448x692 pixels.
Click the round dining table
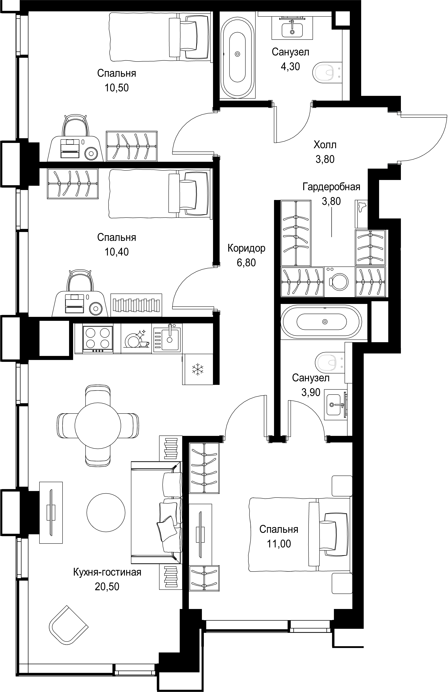[x=98, y=425]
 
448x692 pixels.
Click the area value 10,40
[x=116, y=252]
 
